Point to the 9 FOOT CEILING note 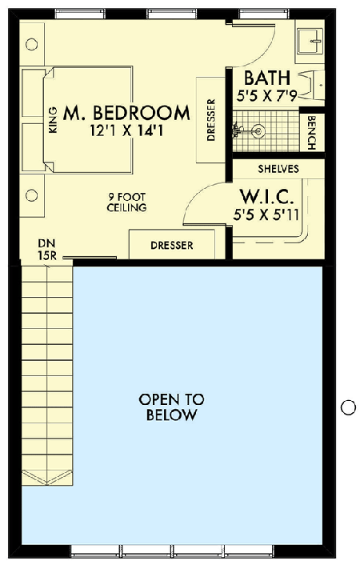126,202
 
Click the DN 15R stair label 46,249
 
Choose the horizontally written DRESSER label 171,246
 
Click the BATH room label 267,79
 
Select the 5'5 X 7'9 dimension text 268,96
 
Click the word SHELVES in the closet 278,169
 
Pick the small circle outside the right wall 348,407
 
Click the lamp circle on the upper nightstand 32,44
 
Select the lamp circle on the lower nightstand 32,195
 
